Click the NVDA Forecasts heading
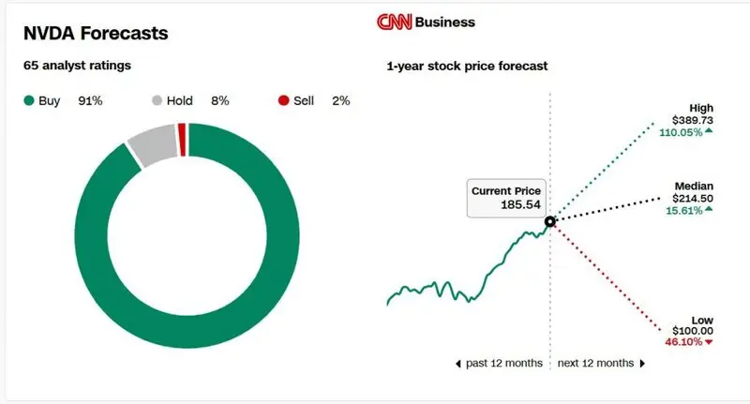(96, 34)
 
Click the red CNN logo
(393, 22)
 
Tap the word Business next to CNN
(444, 22)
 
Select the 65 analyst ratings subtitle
(76, 67)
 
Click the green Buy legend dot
(28, 100)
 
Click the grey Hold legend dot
(157, 100)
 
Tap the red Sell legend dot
(285, 100)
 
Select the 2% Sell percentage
(340, 100)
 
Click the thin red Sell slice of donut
(182, 140)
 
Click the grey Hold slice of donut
(153, 144)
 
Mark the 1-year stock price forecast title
(467, 67)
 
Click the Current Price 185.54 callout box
(504, 197)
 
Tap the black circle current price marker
(550, 221)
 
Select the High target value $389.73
(693, 121)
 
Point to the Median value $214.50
(693, 199)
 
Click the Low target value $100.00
(693, 331)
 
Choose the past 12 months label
(503, 363)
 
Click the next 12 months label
(595, 363)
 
